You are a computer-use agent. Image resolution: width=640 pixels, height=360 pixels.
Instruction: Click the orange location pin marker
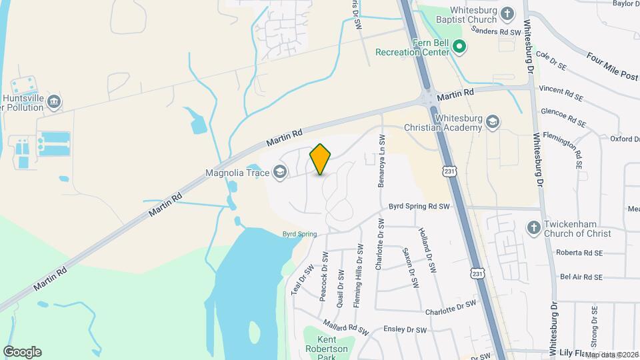click(320, 159)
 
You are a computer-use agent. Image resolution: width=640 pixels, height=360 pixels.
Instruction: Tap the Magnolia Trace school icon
click(281, 173)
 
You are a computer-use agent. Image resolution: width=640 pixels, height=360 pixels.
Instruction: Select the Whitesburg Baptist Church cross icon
click(508, 14)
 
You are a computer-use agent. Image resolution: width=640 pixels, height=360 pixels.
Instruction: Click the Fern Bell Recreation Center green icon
click(459, 47)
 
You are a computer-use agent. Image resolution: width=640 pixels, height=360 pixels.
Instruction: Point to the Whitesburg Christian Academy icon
click(493, 121)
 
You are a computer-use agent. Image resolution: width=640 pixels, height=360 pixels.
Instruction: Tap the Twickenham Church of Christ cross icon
click(533, 228)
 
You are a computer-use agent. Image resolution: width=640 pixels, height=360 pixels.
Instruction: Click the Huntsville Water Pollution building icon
click(55, 102)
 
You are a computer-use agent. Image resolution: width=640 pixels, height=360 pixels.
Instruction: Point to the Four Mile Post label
click(611, 65)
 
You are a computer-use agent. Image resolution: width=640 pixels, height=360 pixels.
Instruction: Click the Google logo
click(22, 352)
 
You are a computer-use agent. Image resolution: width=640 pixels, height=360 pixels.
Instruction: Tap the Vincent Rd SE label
click(561, 93)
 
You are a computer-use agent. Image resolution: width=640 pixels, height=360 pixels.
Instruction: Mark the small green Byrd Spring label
click(299, 234)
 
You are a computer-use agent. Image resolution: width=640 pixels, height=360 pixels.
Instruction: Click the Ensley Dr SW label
click(405, 329)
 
